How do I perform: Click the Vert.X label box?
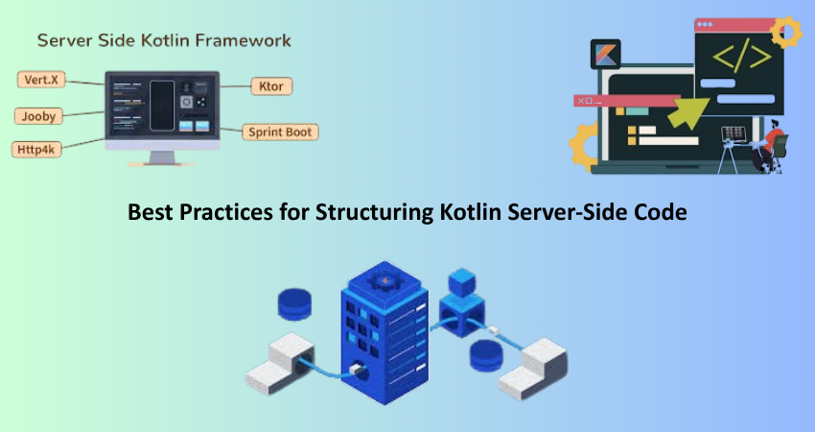tap(41, 80)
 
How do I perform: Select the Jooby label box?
tap(38, 116)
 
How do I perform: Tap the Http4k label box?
tap(36, 150)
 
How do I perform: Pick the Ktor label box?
tap(271, 86)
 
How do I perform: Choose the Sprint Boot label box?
tap(280, 132)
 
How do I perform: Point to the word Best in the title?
tap(151, 212)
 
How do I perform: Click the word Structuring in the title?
tap(374, 213)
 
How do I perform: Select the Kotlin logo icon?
tap(606, 54)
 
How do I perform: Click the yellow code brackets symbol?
tap(742, 55)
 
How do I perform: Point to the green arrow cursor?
tap(688, 113)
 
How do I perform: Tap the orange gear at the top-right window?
tap(786, 33)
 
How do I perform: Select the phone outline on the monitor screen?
tap(162, 106)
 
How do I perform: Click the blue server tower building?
tap(384, 333)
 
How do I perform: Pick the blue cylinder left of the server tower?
tap(294, 304)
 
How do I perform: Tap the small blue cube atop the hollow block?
tap(462, 282)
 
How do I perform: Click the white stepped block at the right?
tap(533, 369)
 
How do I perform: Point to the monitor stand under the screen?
tap(162, 157)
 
